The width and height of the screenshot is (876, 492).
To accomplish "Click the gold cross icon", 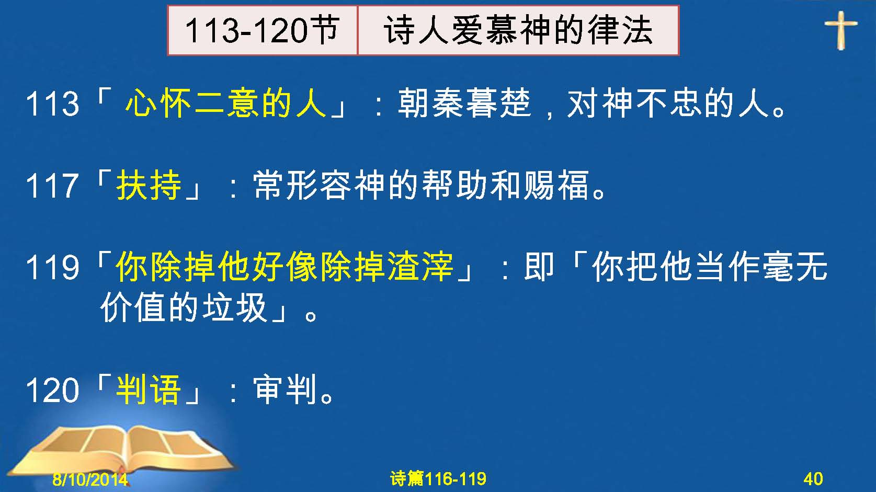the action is point(840,30).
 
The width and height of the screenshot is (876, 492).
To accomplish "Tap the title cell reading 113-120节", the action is point(263,30).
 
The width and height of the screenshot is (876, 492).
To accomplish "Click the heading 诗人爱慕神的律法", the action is point(518,30).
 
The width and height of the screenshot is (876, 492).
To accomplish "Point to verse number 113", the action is point(52,104).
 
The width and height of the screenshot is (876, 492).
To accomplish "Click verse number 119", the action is point(52,268).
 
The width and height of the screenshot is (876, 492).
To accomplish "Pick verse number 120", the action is point(52,390).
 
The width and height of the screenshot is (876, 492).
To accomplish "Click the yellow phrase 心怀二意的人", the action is point(226,103).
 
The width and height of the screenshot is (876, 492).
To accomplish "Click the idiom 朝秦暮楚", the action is point(464,103).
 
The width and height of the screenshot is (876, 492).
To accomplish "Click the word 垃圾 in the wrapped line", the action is point(235,308).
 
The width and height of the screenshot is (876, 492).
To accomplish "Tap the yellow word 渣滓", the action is point(421,267).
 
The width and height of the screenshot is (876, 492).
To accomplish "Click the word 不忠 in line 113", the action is point(669,103).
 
